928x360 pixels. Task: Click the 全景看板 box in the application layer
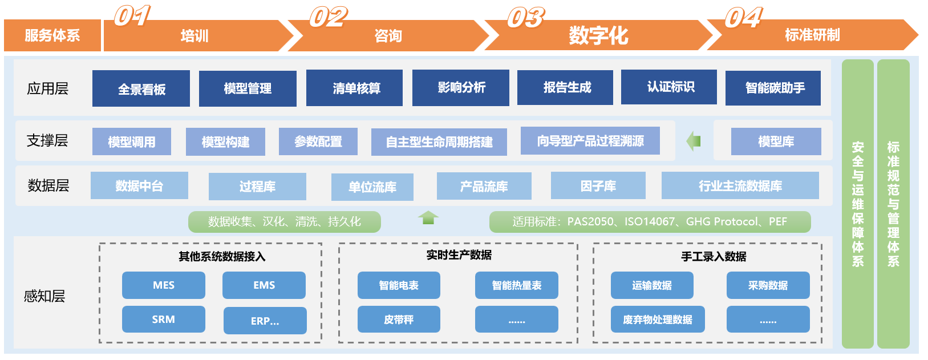click(x=141, y=88)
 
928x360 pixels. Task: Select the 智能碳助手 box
click(x=773, y=88)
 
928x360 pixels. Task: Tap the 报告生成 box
click(x=565, y=87)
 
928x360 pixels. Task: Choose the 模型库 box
click(x=776, y=141)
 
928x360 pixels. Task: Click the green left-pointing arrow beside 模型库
click(x=694, y=141)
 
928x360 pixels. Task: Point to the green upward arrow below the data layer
click(x=428, y=217)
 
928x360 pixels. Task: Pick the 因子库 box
click(x=598, y=186)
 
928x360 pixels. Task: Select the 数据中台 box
click(x=139, y=185)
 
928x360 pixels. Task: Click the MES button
click(x=163, y=285)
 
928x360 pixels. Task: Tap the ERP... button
click(x=265, y=321)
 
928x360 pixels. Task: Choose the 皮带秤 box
click(x=399, y=319)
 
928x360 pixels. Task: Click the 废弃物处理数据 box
click(x=657, y=319)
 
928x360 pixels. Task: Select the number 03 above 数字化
click(x=525, y=18)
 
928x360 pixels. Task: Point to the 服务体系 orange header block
click(x=52, y=35)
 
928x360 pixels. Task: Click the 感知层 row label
click(x=44, y=296)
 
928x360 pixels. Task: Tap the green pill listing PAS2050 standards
click(x=650, y=222)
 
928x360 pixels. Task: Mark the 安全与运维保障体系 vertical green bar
click(x=857, y=204)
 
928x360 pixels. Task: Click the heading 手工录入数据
click(x=713, y=256)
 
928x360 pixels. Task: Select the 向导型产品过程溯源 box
click(x=590, y=141)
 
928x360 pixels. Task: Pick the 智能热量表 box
click(x=516, y=285)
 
